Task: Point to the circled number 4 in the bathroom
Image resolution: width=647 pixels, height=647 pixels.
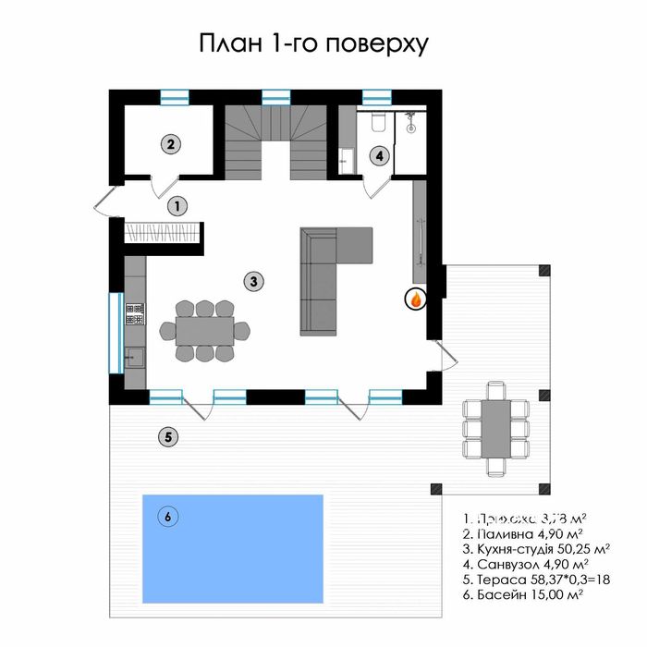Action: click(x=380, y=155)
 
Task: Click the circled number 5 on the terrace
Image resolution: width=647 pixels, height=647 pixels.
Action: click(x=165, y=437)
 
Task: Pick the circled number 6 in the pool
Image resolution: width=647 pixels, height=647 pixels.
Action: click(x=167, y=517)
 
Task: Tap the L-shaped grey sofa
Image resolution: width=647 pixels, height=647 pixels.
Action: click(x=328, y=277)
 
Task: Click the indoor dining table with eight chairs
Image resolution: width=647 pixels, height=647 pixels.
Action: click(x=205, y=330)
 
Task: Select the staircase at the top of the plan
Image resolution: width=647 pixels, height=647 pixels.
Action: click(x=276, y=140)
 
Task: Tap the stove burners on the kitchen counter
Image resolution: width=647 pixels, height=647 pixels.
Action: click(x=134, y=315)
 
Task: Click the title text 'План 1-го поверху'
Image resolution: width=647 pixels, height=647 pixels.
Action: click(x=314, y=44)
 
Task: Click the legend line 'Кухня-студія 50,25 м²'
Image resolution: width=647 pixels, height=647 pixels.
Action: click(x=532, y=549)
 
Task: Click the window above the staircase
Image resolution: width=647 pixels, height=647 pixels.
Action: click(x=275, y=96)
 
